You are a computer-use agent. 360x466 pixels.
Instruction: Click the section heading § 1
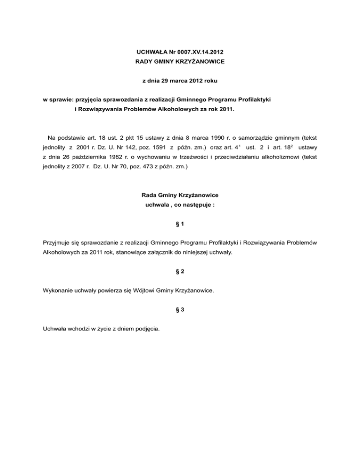click(x=180, y=225)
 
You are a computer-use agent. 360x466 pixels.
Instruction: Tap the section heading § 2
click(x=180, y=271)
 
